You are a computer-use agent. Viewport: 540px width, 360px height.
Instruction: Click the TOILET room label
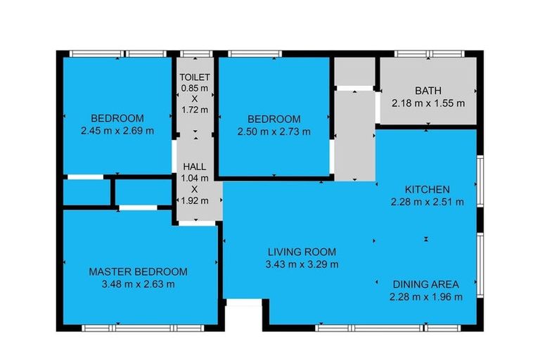tap(195, 77)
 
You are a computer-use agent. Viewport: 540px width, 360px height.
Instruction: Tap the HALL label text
tap(195, 167)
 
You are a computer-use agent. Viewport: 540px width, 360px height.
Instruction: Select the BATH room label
tap(428, 91)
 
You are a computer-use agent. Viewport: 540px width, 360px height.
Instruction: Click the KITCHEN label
tap(427, 190)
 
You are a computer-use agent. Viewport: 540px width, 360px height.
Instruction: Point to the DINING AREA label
tap(425, 285)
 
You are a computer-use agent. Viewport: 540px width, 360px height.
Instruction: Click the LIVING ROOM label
tap(302, 252)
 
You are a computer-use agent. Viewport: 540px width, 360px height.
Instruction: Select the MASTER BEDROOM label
tap(138, 272)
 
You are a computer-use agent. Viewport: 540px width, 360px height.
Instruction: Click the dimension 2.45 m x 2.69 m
tap(117, 130)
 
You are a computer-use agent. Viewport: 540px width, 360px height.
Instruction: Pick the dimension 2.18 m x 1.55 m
tap(428, 103)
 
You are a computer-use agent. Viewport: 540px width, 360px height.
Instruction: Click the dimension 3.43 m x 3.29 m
tap(302, 264)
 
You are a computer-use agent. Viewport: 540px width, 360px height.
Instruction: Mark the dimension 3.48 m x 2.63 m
tap(138, 284)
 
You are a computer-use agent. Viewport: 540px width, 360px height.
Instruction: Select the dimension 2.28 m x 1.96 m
tap(425, 297)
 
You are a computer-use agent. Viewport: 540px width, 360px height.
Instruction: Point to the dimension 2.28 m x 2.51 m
tap(427, 202)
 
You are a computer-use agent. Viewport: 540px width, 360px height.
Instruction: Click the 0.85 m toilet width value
tap(195, 88)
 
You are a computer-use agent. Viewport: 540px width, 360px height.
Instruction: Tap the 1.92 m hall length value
tap(195, 200)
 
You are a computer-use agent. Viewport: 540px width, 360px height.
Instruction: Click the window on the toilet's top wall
tap(195, 53)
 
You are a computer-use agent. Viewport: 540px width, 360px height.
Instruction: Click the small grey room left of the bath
tap(354, 71)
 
